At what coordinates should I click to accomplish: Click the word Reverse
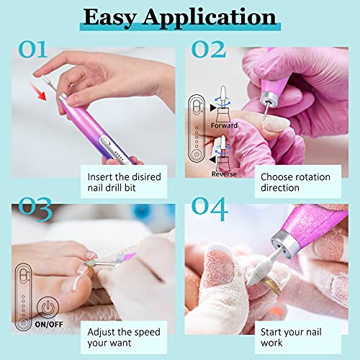click(223, 174)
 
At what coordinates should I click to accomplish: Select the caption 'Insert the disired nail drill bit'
click(125, 181)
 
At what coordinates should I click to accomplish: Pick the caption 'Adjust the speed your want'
click(125, 338)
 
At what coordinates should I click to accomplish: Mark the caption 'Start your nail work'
click(290, 338)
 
